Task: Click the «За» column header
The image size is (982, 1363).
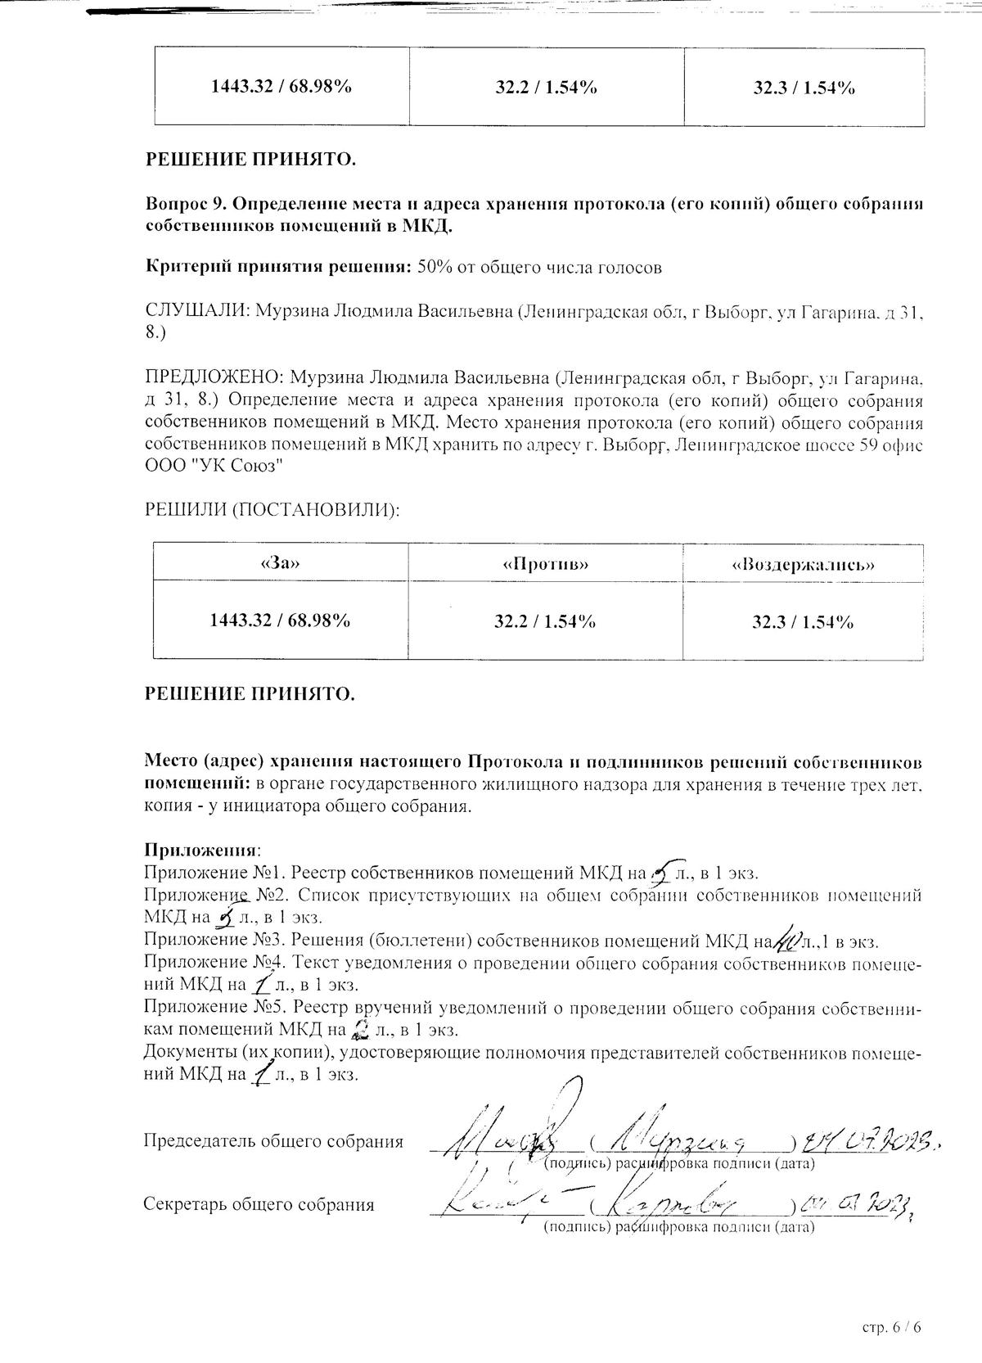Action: tap(280, 564)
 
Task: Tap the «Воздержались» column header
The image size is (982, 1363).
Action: tap(803, 564)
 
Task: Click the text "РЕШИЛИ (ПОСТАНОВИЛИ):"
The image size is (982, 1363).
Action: tap(273, 509)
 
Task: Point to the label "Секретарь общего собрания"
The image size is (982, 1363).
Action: tap(259, 1205)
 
